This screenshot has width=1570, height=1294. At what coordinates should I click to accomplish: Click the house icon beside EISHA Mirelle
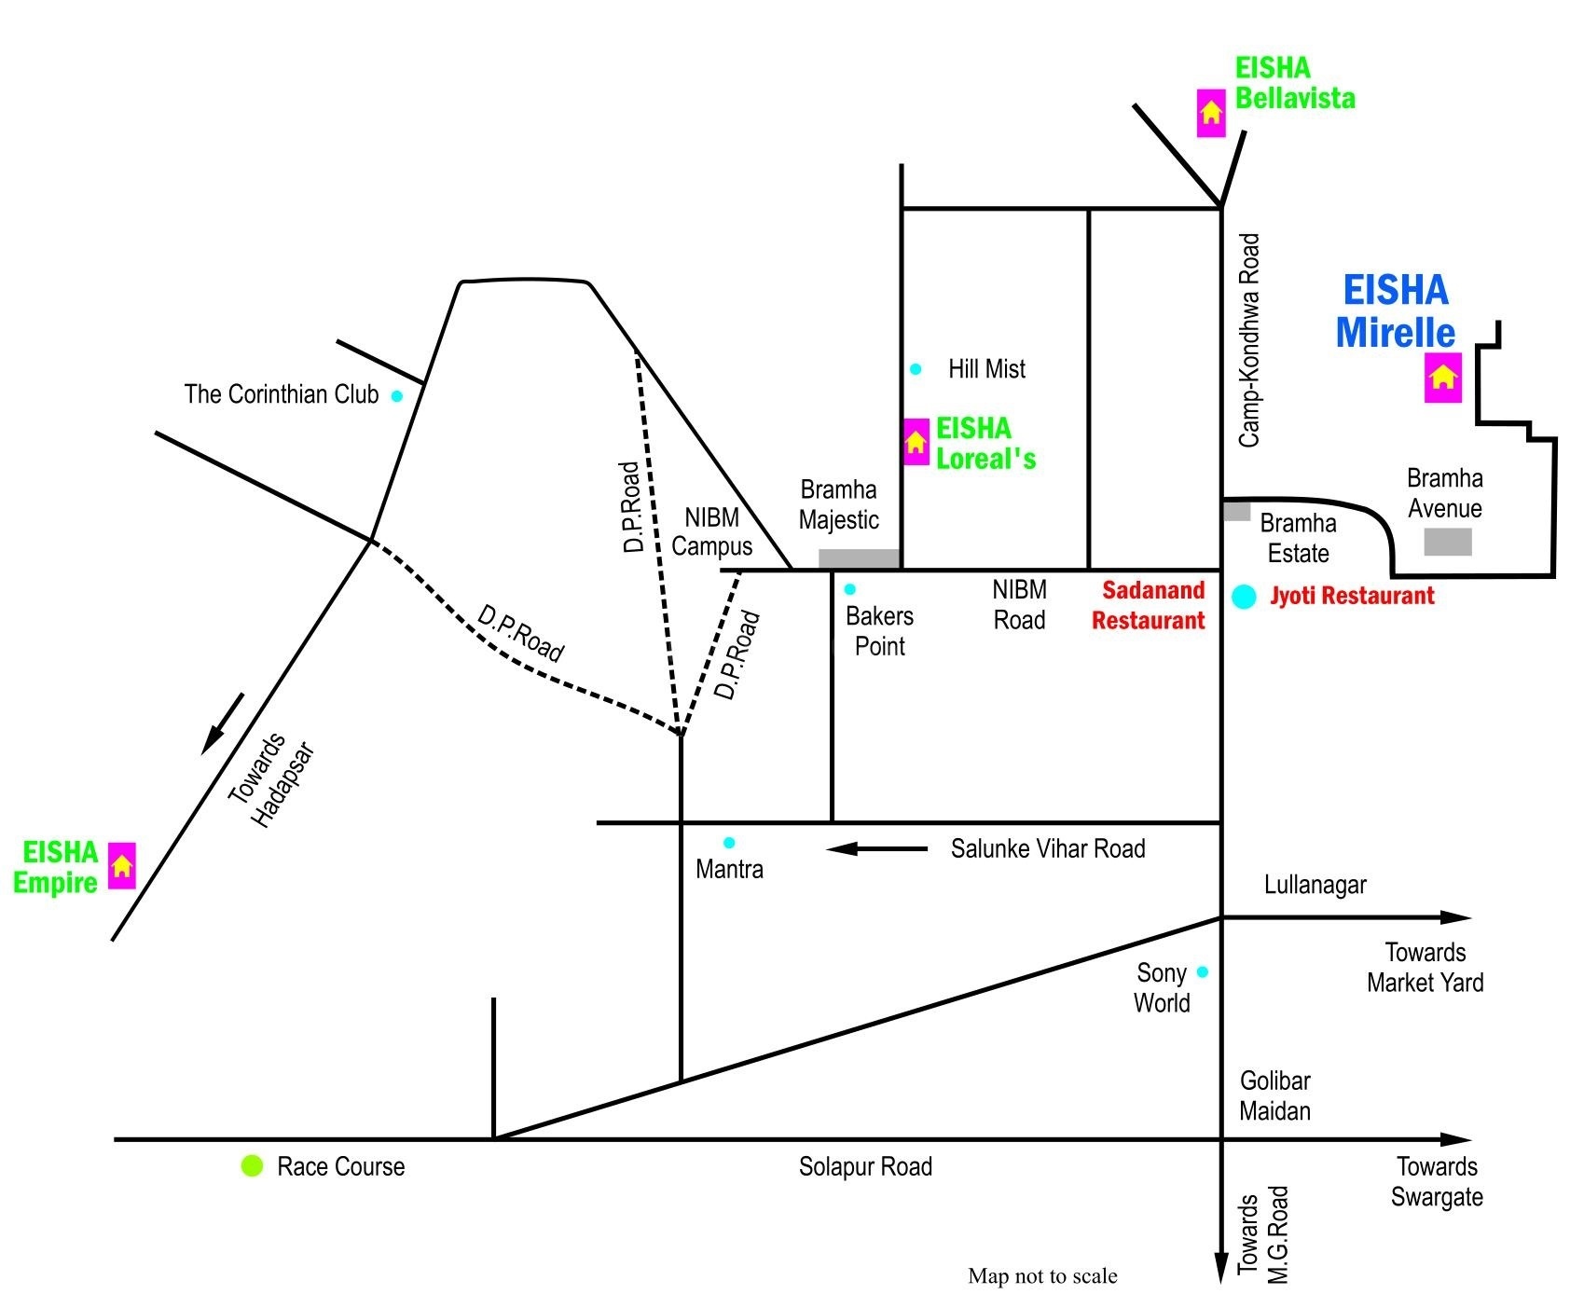(1442, 378)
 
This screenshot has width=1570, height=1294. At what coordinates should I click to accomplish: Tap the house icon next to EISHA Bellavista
(1211, 113)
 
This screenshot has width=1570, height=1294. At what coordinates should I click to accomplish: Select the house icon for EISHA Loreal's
(916, 442)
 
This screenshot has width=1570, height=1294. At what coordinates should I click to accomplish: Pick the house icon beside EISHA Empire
(121, 866)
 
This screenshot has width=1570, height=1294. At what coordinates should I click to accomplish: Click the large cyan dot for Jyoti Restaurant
(1244, 597)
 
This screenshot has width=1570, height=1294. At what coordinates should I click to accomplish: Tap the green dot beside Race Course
(252, 1165)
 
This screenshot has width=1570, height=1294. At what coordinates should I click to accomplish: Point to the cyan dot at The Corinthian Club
(396, 396)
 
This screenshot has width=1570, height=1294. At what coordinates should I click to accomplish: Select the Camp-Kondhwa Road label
(1249, 340)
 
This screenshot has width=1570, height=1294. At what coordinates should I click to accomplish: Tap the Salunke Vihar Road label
(1048, 849)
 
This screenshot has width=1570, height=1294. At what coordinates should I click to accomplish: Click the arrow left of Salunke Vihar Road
(876, 848)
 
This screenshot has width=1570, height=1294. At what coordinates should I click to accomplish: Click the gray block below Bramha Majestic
(859, 558)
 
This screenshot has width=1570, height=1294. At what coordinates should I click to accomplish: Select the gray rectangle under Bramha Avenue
(1447, 542)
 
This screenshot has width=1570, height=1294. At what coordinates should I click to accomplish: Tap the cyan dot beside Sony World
(1202, 972)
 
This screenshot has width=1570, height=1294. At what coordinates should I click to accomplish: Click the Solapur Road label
(865, 1166)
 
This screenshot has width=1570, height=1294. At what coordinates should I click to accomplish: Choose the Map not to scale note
(1042, 1275)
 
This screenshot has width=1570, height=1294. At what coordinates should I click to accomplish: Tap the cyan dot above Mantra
(729, 843)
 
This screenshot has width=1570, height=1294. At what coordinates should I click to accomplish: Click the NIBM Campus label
(711, 531)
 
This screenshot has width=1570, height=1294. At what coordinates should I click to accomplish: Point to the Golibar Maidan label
(1274, 1095)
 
